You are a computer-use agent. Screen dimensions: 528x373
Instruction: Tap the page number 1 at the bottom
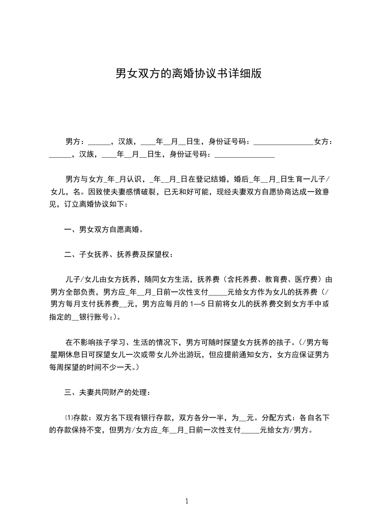click(187, 501)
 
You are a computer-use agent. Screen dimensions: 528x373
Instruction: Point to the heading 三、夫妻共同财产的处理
click(107, 392)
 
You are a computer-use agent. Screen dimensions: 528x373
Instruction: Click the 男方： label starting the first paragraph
click(75, 141)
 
